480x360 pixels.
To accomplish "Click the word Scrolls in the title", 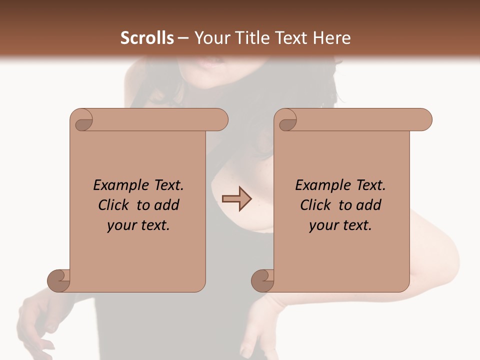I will (x=147, y=38).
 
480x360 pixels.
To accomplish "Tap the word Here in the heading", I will (x=332, y=38).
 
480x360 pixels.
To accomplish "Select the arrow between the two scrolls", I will (x=236, y=199).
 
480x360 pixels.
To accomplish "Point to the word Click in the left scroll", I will (x=114, y=205).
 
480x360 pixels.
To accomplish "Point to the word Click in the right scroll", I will (x=316, y=205).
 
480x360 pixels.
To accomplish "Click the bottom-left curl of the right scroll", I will (x=263, y=280).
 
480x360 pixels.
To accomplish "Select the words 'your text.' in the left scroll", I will (x=138, y=225).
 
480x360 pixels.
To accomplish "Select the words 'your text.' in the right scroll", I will (x=340, y=225).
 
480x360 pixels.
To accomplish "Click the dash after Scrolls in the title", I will (x=183, y=38).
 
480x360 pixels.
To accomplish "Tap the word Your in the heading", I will (x=209, y=38).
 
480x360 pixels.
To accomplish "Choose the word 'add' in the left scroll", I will (x=167, y=205).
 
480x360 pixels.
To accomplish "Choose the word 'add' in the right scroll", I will (x=369, y=205).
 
